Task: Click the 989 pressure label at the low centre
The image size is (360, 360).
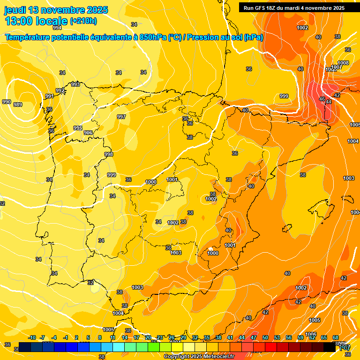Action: tap(18, 105)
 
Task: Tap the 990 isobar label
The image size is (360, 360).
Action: tap(6, 102)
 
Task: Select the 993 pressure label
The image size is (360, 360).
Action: tap(75, 84)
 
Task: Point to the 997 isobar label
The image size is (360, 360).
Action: tap(121, 117)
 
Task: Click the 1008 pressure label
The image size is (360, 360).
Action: tap(343, 63)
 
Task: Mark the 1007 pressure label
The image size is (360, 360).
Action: tap(336, 67)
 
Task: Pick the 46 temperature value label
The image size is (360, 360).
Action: tap(322, 99)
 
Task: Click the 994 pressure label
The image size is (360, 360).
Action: tap(57, 28)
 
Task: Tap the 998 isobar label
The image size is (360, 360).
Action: tap(109, 154)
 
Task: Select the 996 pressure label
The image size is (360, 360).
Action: tap(88, 133)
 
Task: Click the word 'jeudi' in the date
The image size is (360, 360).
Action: tap(15, 10)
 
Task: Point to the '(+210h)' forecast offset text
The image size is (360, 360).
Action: tap(83, 21)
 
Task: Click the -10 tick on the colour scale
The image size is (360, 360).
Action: tap(32, 337)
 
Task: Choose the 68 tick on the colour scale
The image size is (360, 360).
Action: tap(336, 337)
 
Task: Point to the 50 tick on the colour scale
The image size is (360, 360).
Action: tap(265, 337)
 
